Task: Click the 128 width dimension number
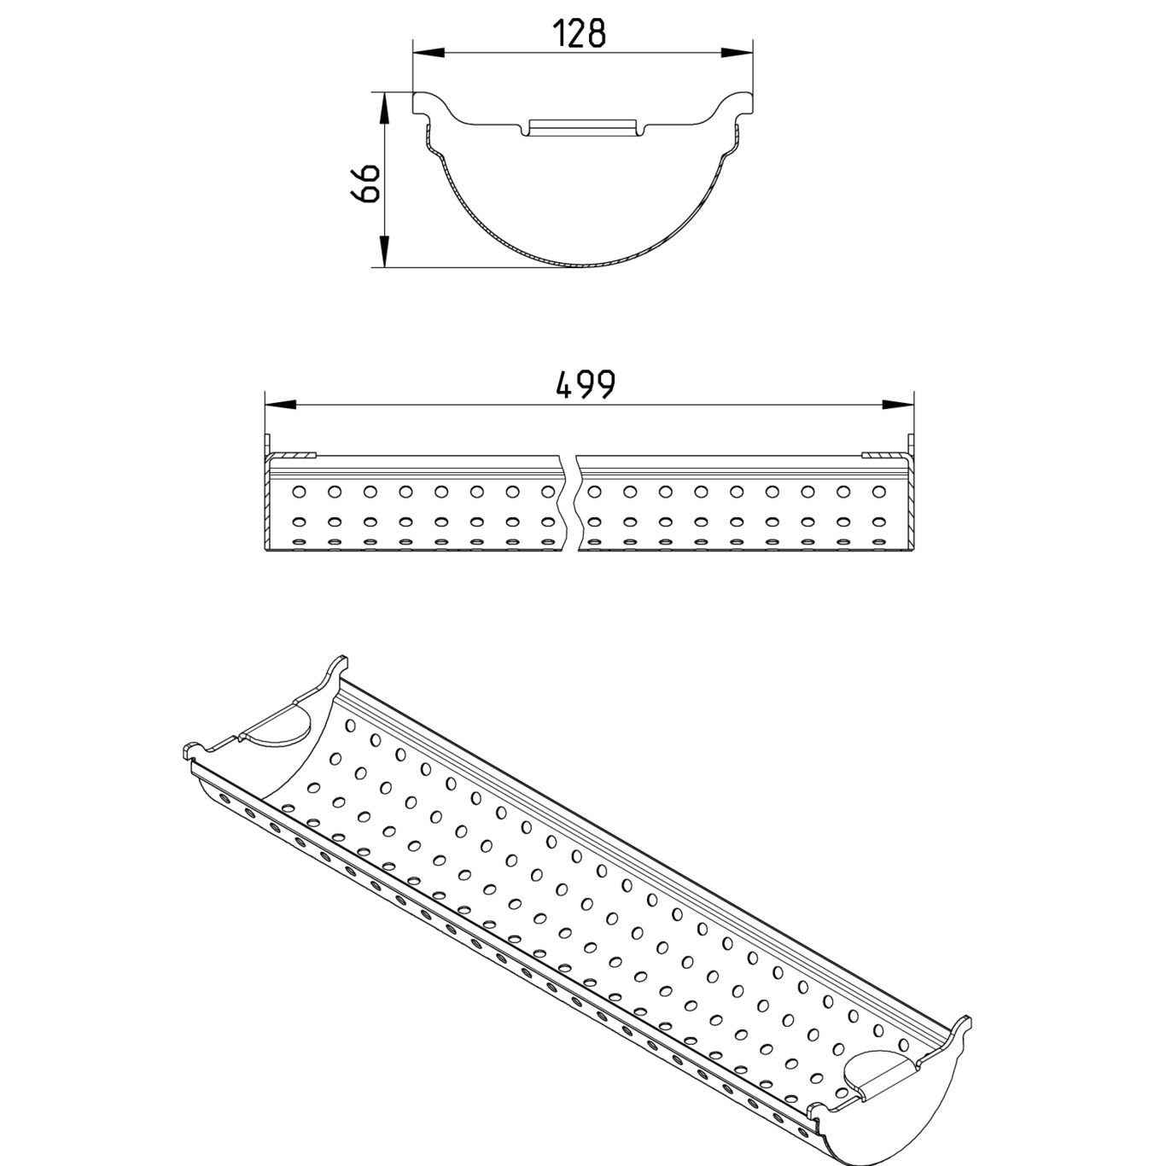[580, 33]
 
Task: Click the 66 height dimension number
[366, 183]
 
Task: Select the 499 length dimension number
[585, 385]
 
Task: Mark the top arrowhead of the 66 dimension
[384, 108]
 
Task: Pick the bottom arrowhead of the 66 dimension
[384, 251]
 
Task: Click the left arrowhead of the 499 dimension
[281, 403]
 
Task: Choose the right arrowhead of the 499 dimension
[897, 403]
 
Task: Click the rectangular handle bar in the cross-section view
[582, 127]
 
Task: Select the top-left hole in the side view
[299, 491]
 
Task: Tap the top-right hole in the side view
[878, 492]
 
